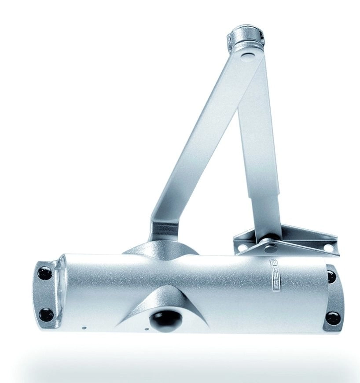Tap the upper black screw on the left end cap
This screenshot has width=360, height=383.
(44, 273)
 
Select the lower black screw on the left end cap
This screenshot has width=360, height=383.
(46, 314)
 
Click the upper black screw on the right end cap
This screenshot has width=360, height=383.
(331, 276)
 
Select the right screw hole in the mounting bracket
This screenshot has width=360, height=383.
(328, 247)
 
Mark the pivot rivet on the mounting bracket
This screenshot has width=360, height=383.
(267, 249)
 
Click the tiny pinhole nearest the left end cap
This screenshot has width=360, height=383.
(83, 327)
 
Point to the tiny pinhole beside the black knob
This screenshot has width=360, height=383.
(146, 328)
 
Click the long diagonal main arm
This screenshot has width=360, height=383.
(198, 145)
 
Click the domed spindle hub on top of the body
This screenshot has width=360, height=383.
(161, 249)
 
